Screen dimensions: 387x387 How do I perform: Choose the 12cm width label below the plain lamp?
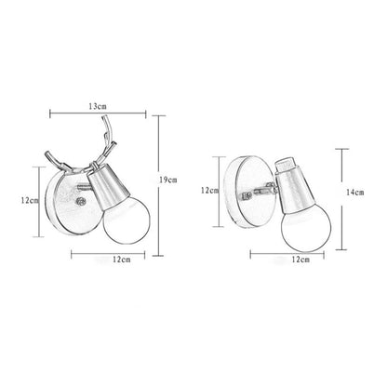298,262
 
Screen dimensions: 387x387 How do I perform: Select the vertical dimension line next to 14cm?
342,191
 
